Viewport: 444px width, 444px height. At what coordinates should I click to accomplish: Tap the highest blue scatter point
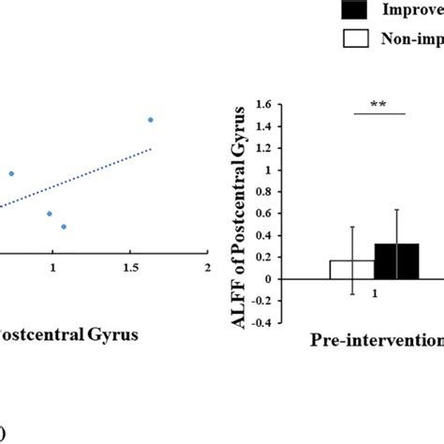(151, 120)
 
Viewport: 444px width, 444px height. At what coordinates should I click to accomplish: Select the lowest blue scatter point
(64, 227)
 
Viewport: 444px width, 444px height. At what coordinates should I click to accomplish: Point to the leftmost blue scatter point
(12, 173)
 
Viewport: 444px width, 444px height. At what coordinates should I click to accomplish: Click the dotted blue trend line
(94, 174)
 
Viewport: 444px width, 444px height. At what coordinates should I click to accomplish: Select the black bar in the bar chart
(397, 261)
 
